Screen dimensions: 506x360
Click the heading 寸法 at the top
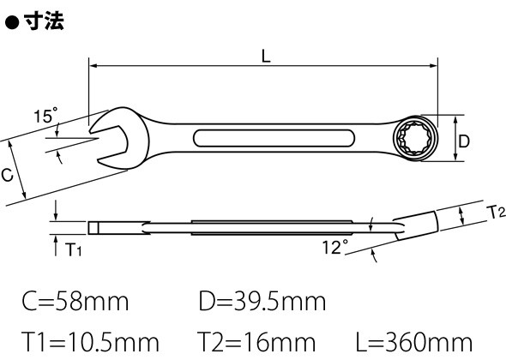[x=44, y=21]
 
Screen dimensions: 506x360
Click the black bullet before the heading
[x=12, y=22]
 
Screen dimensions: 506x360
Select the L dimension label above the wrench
[x=266, y=56]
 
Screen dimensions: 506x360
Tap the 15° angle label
[x=45, y=115]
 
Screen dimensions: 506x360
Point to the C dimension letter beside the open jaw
[x=7, y=175]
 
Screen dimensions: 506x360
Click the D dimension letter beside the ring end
[x=464, y=141]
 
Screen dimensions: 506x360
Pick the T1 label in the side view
[x=73, y=249]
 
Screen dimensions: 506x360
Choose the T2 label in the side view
[x=497, y=213]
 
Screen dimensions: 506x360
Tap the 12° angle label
[x=335, y=247]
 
